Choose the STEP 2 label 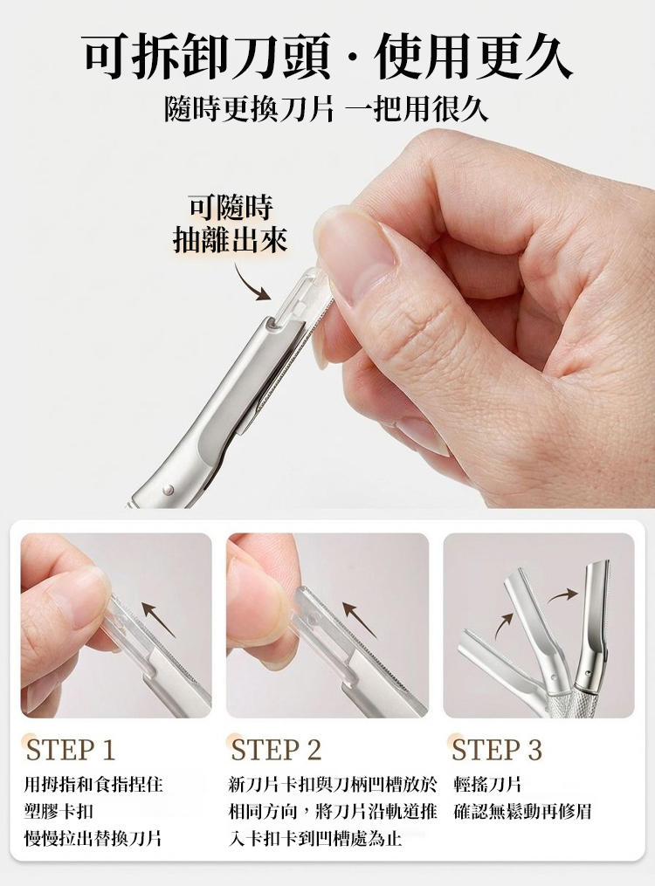coord(276,750)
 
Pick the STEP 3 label coord(497,750)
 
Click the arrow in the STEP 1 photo coord(160,618)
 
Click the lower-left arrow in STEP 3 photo coord(504,625)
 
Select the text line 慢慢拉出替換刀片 coord(93,838)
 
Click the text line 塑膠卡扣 coord(59,812)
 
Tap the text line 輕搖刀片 coord(487,784)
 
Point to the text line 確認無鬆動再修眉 coord(523,812)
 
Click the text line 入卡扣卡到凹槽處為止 coord(315,838)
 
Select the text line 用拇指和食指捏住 coord(93,784)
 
